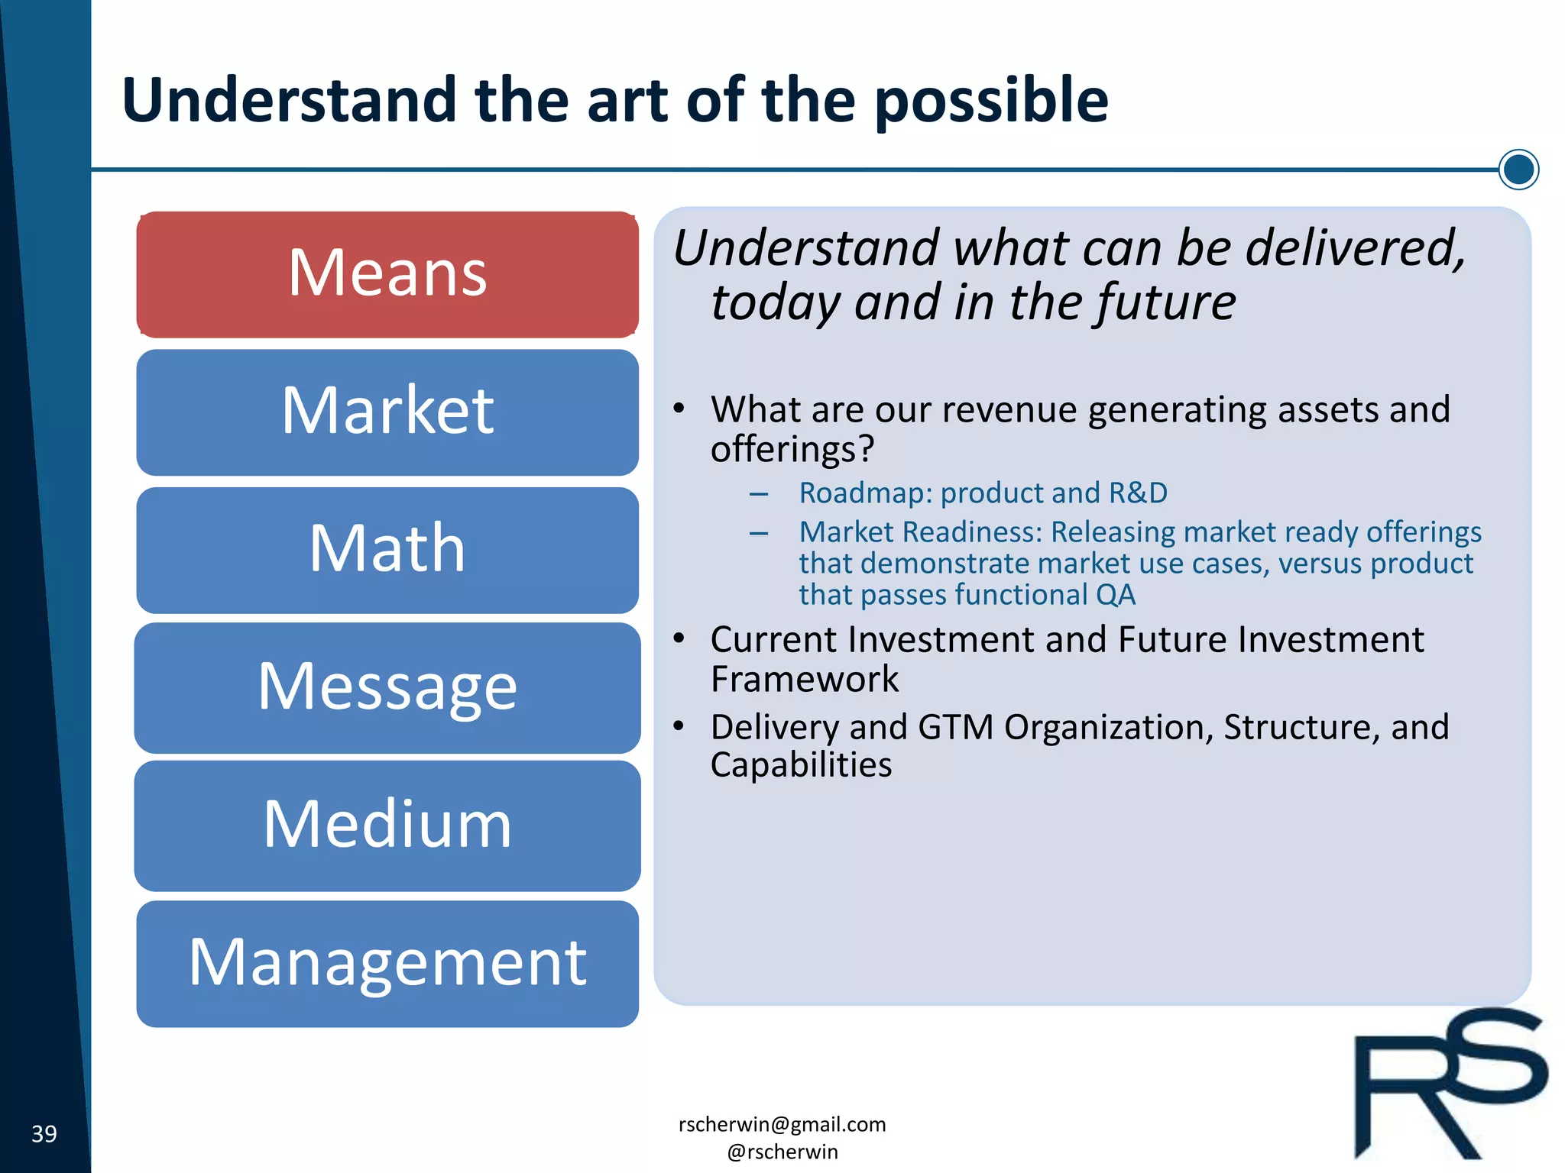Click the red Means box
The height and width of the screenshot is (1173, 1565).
[387, 274]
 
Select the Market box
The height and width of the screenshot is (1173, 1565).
[387, 412]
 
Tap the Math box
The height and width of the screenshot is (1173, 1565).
[387, 550]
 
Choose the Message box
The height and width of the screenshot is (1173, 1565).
[387, 687]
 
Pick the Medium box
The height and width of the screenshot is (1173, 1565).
[387, 826]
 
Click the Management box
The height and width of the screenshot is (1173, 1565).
[387, 964]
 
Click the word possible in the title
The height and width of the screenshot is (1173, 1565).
[990, 101]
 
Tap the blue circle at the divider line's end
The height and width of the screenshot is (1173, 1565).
[1518, 170]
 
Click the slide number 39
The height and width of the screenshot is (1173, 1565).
[44, 1134]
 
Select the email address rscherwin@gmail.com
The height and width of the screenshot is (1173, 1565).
[782, 1124]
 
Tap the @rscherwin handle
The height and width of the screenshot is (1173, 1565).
[782, 1152]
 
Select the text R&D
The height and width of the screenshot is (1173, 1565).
[1138, 493]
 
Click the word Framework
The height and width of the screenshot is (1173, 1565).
[804, 679]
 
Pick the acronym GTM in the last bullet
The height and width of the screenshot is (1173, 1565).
[955, 727]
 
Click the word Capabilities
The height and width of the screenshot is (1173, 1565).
[800, 765]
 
